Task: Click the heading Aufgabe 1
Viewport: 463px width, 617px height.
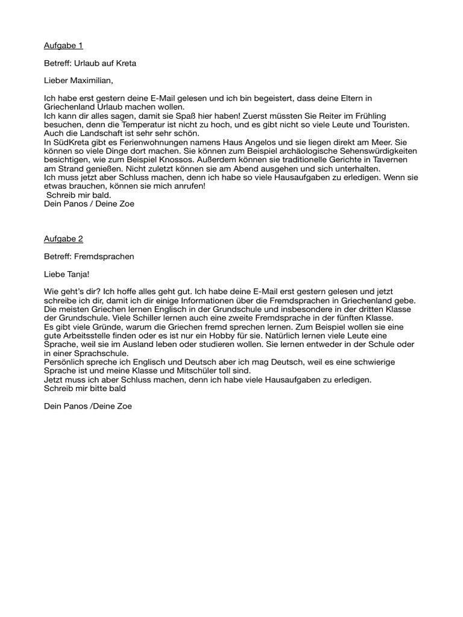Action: coord(63,45)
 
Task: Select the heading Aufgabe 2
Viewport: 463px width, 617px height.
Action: coord(63,239)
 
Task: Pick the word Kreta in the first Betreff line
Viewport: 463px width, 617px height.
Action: coord(124,63)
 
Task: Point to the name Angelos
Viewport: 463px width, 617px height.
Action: coord(275,142)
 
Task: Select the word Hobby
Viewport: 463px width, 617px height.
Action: coord(303,335)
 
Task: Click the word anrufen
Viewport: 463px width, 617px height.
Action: coord(189,186)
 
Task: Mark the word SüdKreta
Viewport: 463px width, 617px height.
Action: coord(71,142)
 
